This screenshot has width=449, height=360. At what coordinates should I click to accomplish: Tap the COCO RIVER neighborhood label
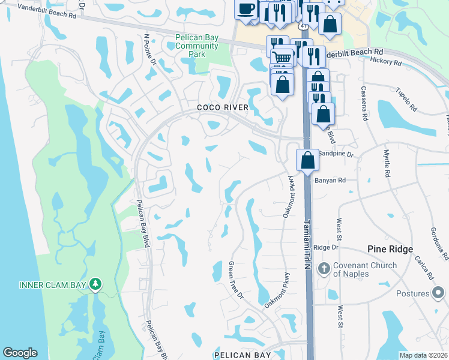tap(223, 107)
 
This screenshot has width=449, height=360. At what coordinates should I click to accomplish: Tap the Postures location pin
tap(439, 293)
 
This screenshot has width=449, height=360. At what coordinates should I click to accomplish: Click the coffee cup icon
tap(246, 9)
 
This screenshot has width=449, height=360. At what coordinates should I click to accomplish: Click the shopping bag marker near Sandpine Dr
tap(307, 160)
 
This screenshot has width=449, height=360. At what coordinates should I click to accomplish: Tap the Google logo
tap(20, 353)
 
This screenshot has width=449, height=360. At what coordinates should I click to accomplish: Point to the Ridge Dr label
tap(327, 247)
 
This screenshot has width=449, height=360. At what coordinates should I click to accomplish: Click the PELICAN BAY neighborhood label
tap(242, 355)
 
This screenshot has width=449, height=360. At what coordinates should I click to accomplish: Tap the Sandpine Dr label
tap(337, 154)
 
